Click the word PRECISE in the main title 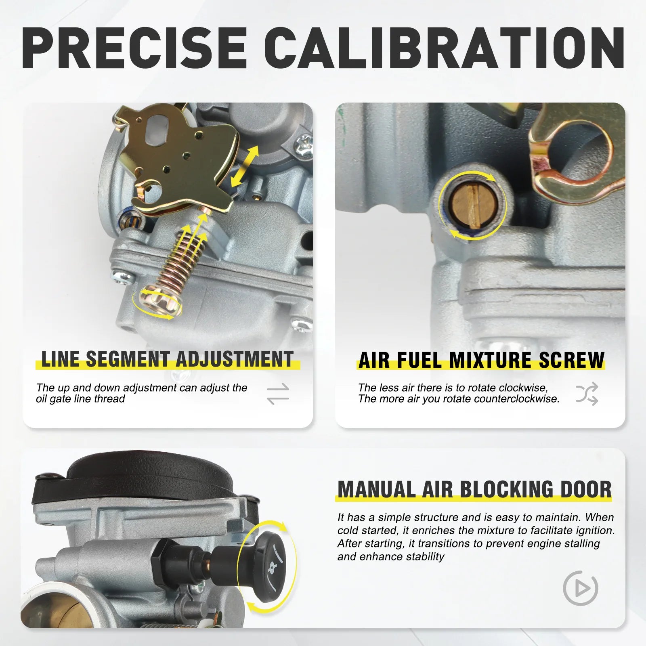pyautogui.click(x=134, y=49)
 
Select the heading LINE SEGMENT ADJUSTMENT pyautogui.click(x=167, y=359)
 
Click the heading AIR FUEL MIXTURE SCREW pyautogui.click(x=482, y=360)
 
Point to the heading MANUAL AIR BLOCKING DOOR pyautogui.click(x=475, y=489)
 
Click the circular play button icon pyautogui.click(x=580, y=588)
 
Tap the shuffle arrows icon pyautogui.click(x=587, y=394)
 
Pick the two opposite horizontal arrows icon pyautogui.click(x=278, y=394)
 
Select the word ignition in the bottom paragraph pyautogui.click(x=594, y=531)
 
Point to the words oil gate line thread pyautogui.click(x=80, y=399)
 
